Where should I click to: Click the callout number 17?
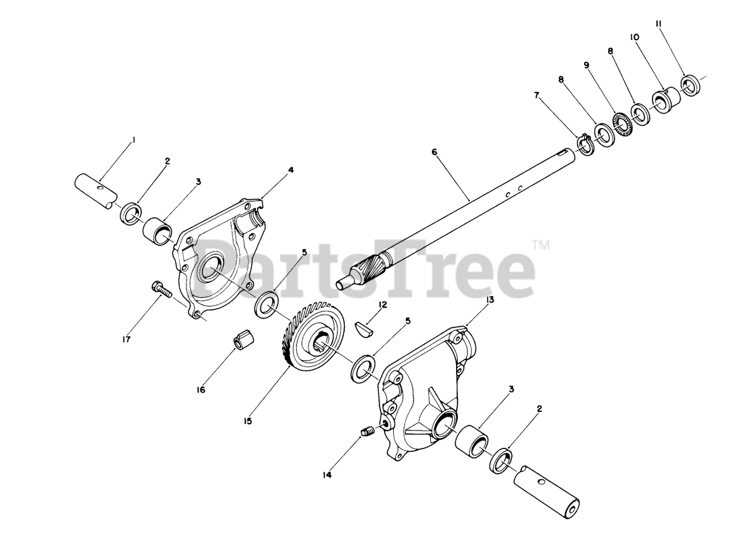tap(125, 340)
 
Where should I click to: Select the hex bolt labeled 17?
tap(162, 290)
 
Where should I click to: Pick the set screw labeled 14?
tap(368, 431)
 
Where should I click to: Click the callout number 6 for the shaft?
tap(434, 152)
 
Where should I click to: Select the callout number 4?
tap(291, 170)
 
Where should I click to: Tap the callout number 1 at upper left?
tap(133, 140)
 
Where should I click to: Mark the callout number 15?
tap(247, 421)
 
